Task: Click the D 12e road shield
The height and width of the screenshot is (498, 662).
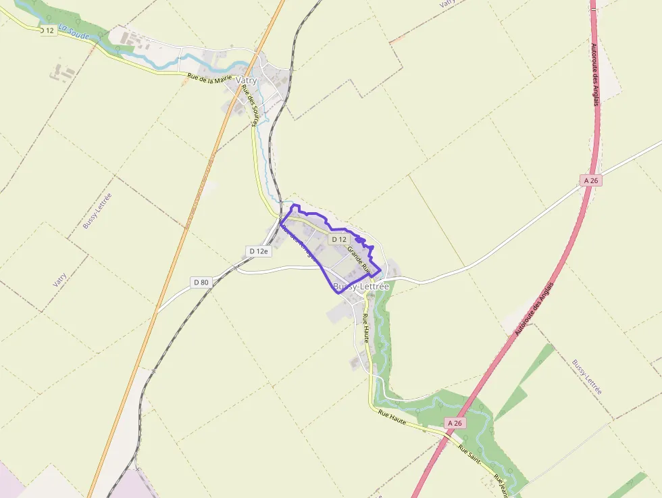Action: point(258,251)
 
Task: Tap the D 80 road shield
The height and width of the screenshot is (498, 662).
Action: point(201,282)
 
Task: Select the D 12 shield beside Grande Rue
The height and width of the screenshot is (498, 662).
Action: point(338,239)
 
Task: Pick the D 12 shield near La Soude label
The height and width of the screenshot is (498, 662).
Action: point(47,30)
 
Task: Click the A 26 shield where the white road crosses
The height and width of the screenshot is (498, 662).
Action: point(590,180)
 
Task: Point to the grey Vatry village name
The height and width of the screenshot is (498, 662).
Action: point(247,80)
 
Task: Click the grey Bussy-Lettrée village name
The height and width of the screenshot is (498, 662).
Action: point(361,287)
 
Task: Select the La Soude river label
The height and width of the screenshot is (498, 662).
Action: point(74,32)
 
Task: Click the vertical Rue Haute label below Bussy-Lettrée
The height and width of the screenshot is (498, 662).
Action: point(365,328)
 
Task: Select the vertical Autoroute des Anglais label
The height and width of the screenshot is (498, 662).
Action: point(594,71)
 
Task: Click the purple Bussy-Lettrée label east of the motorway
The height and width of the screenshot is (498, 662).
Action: point(587,377)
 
